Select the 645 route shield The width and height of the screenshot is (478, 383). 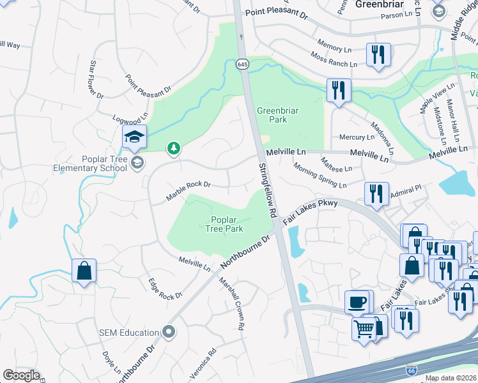click(x=242, y=64)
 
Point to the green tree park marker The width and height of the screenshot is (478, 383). click(x=173, y=149)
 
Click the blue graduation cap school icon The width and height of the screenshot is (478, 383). click(x=135, y=137)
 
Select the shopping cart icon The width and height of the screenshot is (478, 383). click(x=364, y=329)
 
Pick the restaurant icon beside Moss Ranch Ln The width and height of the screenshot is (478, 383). click(x=378, y=54)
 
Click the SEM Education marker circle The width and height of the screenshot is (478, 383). click(x=169, y=331)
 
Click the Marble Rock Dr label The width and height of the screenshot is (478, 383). click(x=189, y=191)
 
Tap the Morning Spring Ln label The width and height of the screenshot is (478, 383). click(x=320, y=176)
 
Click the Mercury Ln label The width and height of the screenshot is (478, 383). click(x=357, y=137)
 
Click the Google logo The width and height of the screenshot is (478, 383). click(x=22, y=375)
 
